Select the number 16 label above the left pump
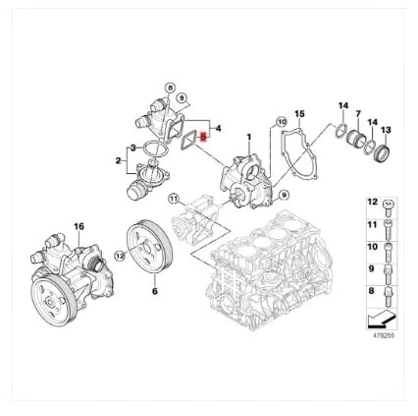pos(79,226)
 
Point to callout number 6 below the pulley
pos(154,292)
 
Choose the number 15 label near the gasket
pos(300,115)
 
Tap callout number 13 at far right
pos(386,130)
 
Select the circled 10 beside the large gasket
pos(281,121)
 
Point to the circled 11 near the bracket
pos(175,200)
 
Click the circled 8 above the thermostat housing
pos(170,89)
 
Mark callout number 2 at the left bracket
pos(119,160)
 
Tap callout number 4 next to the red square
pos(218,128)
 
